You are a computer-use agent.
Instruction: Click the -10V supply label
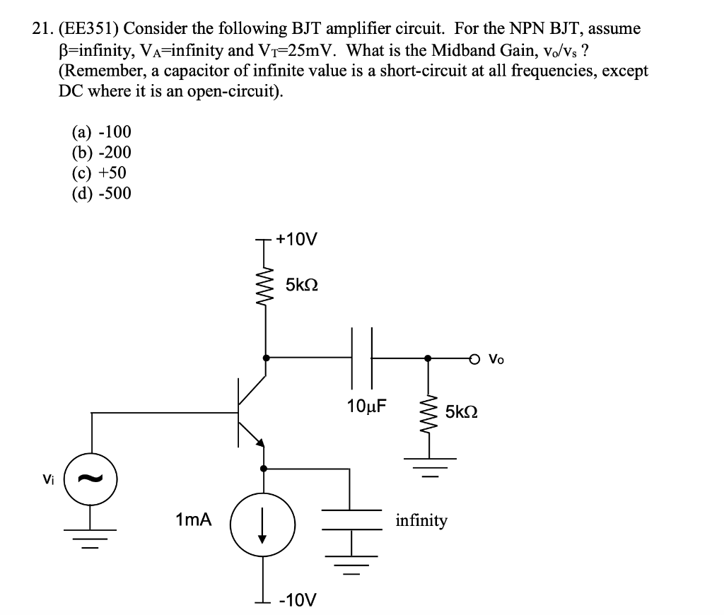[297, 600]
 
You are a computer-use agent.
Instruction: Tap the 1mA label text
[193, 520]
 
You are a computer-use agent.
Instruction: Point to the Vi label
[47, 479]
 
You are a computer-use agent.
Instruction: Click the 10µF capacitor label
[367, 406]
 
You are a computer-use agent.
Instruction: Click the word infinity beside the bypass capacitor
[421, 521]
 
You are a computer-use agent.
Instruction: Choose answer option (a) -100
[101, 132]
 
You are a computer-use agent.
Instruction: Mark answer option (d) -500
[101, 193]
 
